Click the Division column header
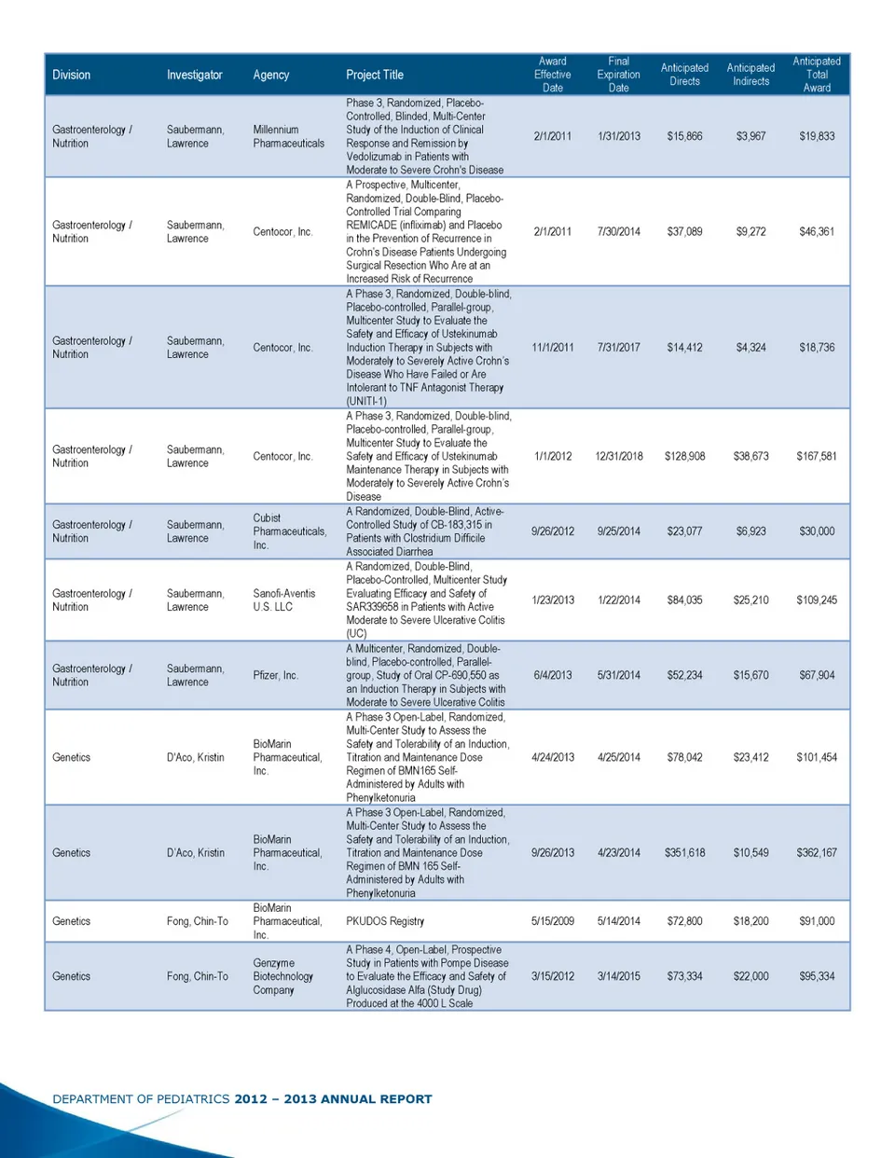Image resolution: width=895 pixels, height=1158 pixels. (72, 75)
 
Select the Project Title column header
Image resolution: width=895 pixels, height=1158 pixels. (375, 75)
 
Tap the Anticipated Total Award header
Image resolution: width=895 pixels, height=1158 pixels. (817, 75)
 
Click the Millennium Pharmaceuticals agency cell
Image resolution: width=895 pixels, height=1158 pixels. (288, 136)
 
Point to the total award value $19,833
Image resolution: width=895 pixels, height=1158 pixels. (817, 136)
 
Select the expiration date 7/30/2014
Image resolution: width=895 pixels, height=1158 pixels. (618, 231)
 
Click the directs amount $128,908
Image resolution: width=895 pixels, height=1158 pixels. (684, 457)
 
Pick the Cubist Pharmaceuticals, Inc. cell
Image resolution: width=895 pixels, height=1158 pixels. (289, 531)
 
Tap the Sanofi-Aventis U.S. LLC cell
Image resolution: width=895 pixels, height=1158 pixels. (284, 600)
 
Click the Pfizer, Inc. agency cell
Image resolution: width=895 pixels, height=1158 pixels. (275, 675)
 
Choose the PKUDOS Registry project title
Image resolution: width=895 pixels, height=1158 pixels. (385, 921)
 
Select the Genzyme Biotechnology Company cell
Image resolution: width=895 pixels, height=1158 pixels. (282, 976)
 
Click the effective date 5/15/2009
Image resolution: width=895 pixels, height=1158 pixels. (553, 921)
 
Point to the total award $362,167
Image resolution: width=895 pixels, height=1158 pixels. (817, 853)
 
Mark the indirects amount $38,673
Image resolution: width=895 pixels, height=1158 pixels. (750, 457)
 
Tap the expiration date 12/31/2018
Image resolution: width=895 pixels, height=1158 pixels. (618, 457)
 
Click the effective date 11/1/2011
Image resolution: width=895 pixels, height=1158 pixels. (553, 348)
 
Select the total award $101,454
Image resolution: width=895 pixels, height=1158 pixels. (817, 758)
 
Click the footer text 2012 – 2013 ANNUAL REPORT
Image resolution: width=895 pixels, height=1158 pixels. (333, 1099)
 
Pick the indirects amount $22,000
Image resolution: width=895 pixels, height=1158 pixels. (750, 976)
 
